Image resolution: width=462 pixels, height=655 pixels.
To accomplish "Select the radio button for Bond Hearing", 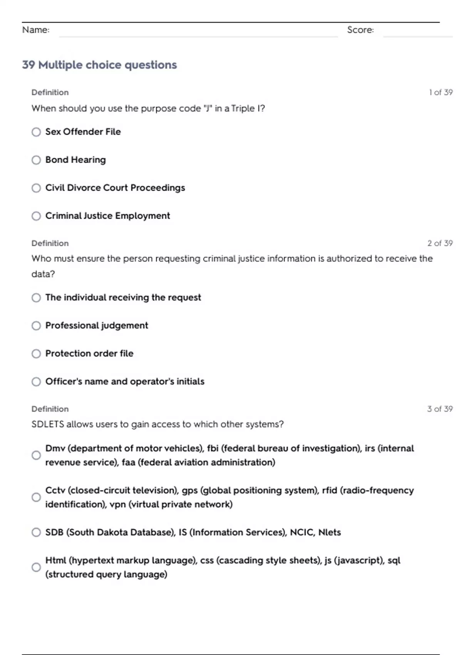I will pyautogui.click(x=36, y=160).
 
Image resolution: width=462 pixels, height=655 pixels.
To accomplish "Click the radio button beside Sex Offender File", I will pyautogui.click(x=36, y=132).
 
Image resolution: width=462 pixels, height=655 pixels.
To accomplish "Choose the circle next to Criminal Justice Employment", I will pyautogui.click(x=36, y=216).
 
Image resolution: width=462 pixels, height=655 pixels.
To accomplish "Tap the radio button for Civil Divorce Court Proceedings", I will pyautogui.click(x=36, y=188).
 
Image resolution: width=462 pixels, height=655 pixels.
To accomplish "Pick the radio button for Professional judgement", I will pyautogui.click(x=36, y=326).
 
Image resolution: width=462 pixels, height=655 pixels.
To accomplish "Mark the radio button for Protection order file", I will pyautogui.click(x=36, y=354).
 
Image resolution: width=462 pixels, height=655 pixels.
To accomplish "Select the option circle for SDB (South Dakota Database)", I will pyautogui.click(x=36, y=532).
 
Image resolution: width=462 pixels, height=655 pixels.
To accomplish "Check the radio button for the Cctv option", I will pyautogui.click(x=36, y=497).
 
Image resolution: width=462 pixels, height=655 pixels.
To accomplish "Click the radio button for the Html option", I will pyautogui.click(x=36, y=568).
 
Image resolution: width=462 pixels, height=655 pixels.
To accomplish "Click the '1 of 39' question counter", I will pyautogui.click(x=440, y=92).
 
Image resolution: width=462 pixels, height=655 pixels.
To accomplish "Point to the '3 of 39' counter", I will pyautogui.click(x=440, y=409).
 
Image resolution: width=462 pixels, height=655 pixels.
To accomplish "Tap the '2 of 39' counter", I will pyautogui.click(x=440, y=244).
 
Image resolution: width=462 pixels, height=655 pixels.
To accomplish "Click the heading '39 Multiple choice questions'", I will pyautogui.click(x=99, y=65).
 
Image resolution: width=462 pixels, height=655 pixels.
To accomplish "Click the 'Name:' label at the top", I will pyautogui.click(x=36, y=30).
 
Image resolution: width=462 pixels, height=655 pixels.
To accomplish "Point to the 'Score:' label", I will pyautogui.click(x=360, y=30).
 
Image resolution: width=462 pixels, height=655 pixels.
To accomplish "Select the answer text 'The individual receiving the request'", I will pyautogui.click(x=123, y=297).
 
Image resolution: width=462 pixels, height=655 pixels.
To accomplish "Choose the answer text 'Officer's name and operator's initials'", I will pyautogui.click(x=125, y=381).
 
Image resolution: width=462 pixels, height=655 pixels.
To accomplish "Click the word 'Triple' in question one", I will pyautogui.click(x=243, y=109).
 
